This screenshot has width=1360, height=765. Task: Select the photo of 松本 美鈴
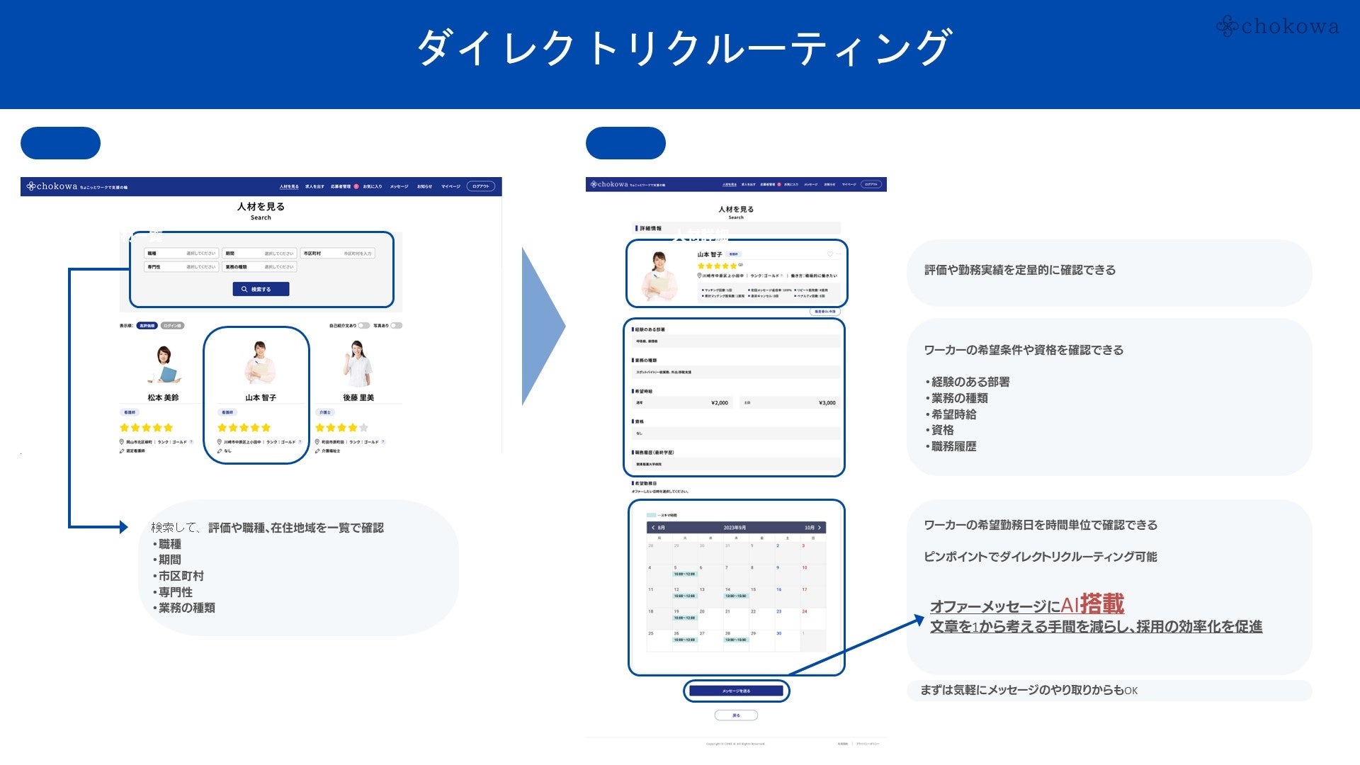(164, 365)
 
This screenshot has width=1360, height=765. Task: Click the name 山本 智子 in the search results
(261, 398)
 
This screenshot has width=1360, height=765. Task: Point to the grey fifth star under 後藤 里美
(364, 428)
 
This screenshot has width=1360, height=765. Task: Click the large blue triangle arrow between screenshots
(541, 327)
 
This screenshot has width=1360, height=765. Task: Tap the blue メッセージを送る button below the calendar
(736, 691)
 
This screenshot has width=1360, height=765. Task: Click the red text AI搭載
(1092, 604)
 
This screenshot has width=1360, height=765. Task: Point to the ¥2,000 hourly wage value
(719, 403)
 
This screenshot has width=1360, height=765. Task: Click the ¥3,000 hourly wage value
(827, 403)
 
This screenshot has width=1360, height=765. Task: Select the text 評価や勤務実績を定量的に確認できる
(1020, 270)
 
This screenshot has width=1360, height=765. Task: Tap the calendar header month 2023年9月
(735, 528)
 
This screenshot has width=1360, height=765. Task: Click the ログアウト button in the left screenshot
(481, 186)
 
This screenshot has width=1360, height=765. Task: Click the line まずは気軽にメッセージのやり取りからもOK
(1028, 690)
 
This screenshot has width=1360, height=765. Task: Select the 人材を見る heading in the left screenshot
(261, 207)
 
